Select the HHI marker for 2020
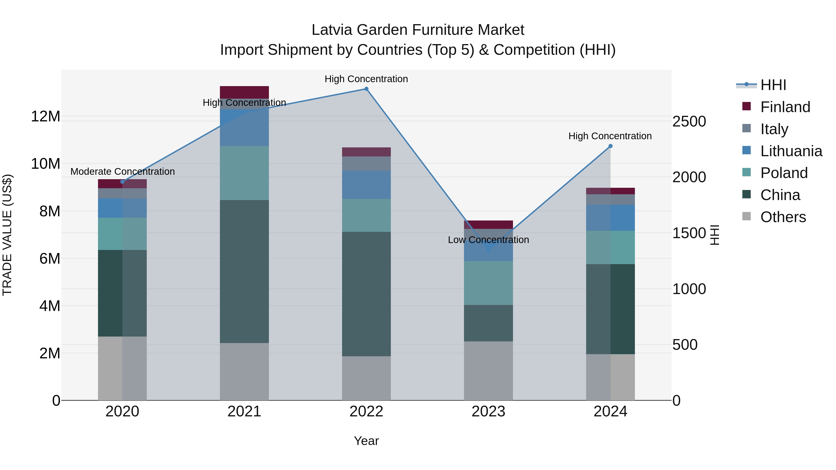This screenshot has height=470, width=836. tap(122, 182)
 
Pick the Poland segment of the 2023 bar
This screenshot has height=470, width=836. tap(488, 283)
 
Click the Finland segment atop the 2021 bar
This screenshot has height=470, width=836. tap(244, 92)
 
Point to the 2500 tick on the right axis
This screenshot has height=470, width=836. tap(689, 122)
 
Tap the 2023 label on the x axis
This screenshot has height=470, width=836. tap(488, 412)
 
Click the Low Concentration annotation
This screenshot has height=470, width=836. tap(488, 240)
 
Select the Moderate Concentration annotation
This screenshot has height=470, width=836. tap(122, 171)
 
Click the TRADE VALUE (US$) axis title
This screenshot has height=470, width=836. tap(7, 235)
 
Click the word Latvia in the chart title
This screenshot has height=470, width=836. tap(332, 30)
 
